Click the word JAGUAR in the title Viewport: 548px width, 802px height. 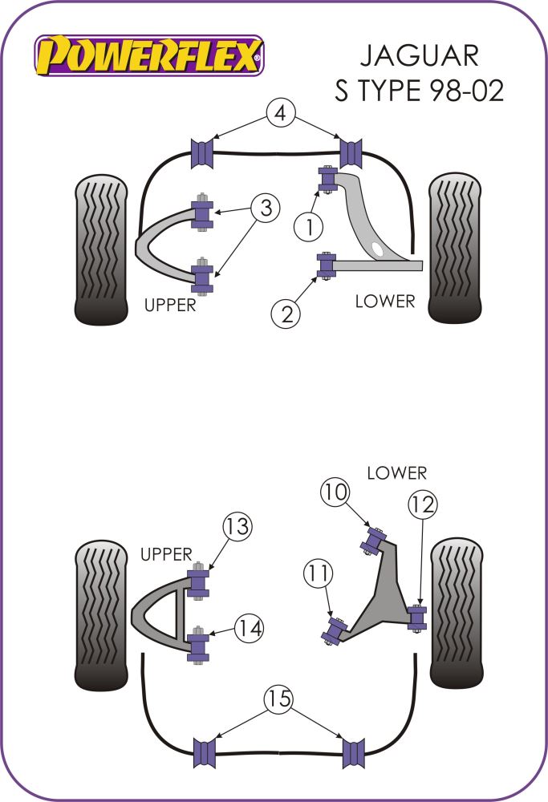[x=419, y=55]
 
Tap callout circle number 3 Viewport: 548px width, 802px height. [x=266, y=209]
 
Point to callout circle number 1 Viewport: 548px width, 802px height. [x=306, y=227]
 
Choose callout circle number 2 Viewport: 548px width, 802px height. [x=287, y=314]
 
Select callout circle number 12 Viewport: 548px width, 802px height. [x=421, y=504]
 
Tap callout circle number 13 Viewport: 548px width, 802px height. [x=237, y=528]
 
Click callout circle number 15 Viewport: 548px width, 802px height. [x=278, y=700]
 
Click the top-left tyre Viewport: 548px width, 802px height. [x=101, y=249]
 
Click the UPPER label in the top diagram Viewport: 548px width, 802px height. [x=169, y=305]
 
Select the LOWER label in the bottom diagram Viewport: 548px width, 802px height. [x=397, y=473]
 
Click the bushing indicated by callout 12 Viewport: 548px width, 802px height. [x=417, y=618]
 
